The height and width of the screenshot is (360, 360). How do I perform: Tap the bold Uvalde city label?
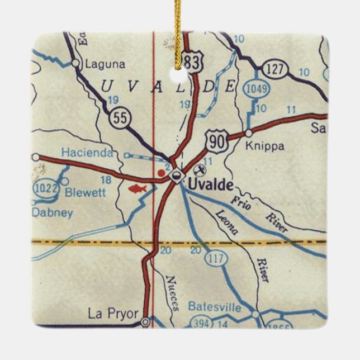coord(210,183)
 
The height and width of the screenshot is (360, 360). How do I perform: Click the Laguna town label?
coord(105,64)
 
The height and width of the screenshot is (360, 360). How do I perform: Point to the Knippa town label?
coord(265,146)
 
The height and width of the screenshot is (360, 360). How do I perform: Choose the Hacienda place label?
coord(87,152)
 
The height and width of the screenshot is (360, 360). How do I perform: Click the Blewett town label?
coord(85,193)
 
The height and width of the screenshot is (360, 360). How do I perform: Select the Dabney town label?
coord(52,212)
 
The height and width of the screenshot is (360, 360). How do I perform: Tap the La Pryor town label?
coord(112,314)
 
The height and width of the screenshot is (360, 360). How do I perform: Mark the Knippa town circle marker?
coord(248,133)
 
